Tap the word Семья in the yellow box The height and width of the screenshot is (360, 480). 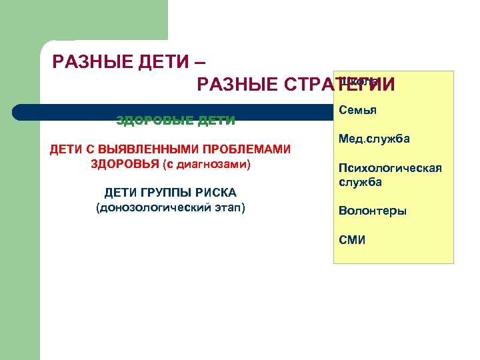coord(357,110)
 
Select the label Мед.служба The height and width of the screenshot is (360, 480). coord(374,139)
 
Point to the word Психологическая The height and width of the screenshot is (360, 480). coord(390,168)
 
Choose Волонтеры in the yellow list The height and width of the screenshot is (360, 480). coord(372,211)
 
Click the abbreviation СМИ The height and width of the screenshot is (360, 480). coord(352,240)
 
